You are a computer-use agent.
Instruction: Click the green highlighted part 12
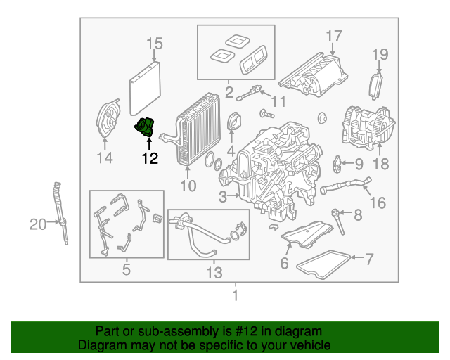tap(146, 128)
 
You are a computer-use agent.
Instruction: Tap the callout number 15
tap(154, 46)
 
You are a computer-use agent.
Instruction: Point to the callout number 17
tap(333, 35)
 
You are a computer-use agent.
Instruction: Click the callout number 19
tap(380, 54)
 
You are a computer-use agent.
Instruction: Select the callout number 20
tap(37, 224)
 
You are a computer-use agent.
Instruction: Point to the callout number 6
tap(284, 264)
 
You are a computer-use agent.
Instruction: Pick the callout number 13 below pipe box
tap(212, 271)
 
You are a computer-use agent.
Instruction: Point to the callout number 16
tap(378, 202)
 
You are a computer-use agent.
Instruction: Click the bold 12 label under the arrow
tap(149, 159)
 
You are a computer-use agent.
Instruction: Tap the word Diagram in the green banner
tap(99, 345)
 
